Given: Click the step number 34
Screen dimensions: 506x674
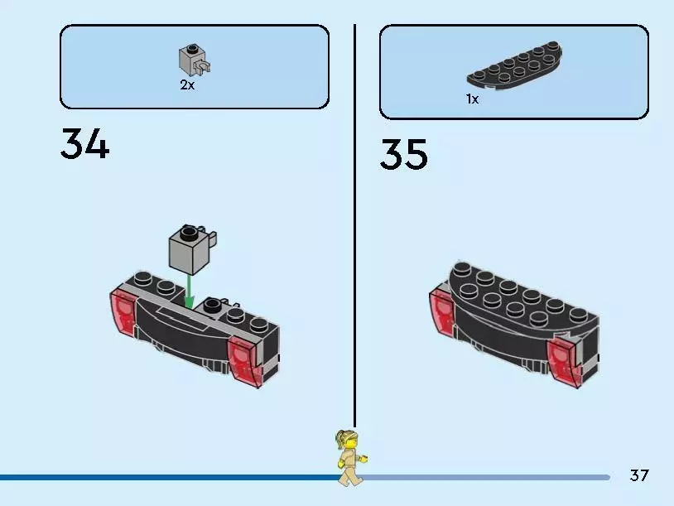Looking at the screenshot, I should pyautogui.click(x=84, y=146).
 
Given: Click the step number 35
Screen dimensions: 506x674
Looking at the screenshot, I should pyautogui.click(x=404, y=155).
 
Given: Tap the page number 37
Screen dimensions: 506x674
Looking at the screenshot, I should pyautogui.click(x=639, y=475).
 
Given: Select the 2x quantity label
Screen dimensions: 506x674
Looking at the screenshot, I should pyautogui.click(x=187, y=85).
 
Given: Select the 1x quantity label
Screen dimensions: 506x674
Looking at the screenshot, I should pyautogui.click(x=472, y=99).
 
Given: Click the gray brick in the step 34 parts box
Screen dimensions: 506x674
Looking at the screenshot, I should pyautogui.click(x=190, y=60).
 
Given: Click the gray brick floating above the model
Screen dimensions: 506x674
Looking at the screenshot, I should pyautogui.click(x=186, y=252).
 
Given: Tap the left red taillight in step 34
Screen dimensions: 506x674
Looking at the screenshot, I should pyautogui.click(x=125, y=315).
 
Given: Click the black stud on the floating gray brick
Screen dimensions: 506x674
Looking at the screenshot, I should pyautogui.click(x=190, y=230).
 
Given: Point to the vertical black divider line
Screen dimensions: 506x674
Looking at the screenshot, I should pyautogui.click(x=354, y=224).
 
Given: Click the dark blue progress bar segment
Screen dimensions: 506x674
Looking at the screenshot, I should pyautogui.click(x=166, y=477).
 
